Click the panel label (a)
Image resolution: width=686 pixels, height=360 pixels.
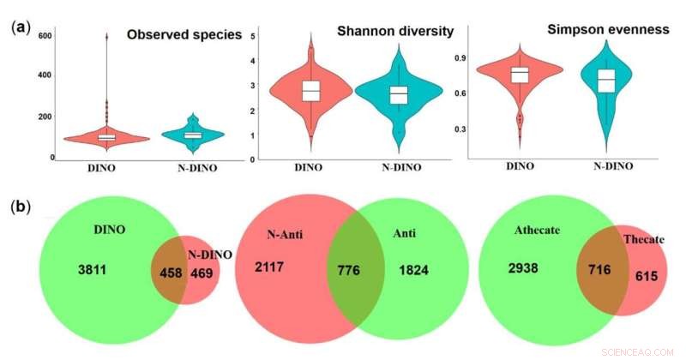point(21,27)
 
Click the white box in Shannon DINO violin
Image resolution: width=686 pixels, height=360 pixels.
point(310,91)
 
